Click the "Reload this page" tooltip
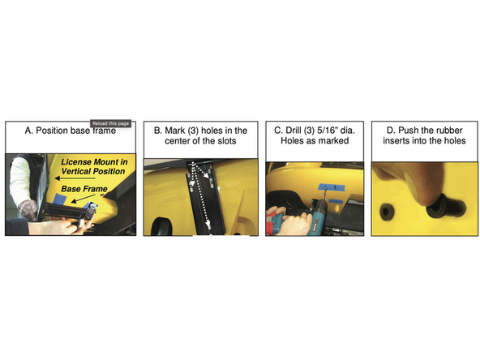(x=111, y=124)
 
